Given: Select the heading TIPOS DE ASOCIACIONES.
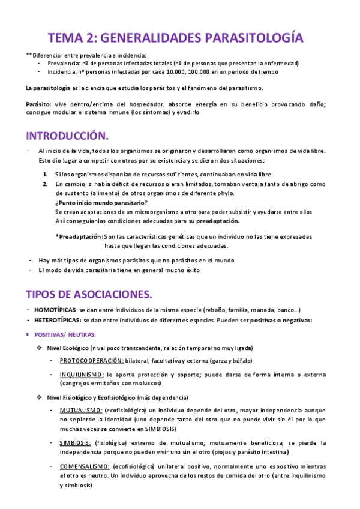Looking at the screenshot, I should (89, 294).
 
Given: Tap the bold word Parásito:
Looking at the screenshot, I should (38, 104).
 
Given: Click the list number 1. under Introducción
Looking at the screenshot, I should (46, 174).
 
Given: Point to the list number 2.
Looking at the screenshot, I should (46, 184).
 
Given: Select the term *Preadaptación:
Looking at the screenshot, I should (79, 236).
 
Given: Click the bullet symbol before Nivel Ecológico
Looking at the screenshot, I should (40, 348).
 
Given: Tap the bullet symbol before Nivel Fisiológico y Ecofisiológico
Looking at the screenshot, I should (40, 397).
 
